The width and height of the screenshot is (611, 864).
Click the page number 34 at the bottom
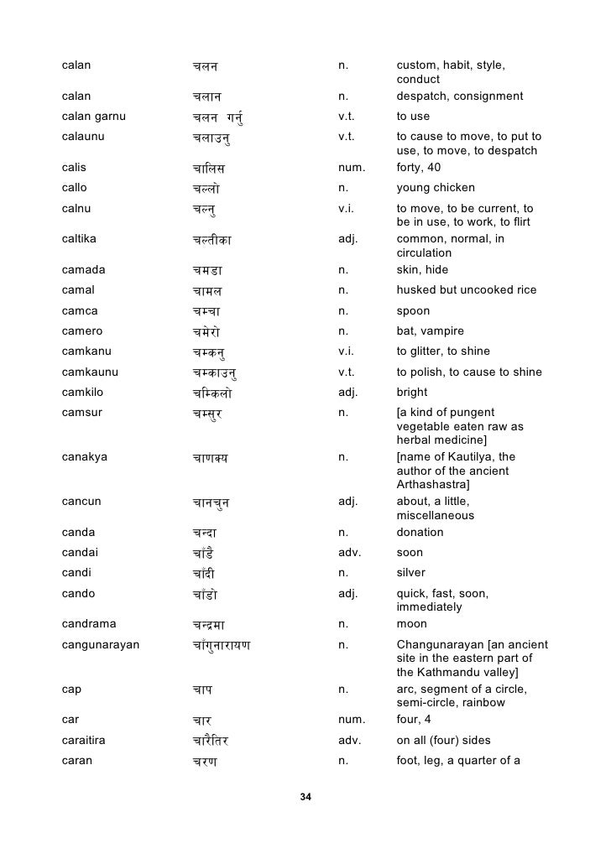pyautogui.click(x=305, y=796)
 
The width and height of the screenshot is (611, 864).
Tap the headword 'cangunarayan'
pyautogui.click(x=101, y=644)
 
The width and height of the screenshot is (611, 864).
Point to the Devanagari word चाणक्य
pyautogui.click(x=210, y=458)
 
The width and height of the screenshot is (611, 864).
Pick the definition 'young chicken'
pyautogui.click(x=435, y=188)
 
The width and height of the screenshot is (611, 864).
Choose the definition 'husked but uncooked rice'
pyautogui.click(x=466, y=290)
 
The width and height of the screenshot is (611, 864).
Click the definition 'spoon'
pyautogui.click(x=413, y=310)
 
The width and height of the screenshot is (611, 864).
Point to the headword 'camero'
pyautogui.click(x=82, y=331)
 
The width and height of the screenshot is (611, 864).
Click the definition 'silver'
pyautogui.click(x=410, y=573)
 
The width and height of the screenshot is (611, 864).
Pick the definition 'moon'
pyautogui.click(x=411, y=624)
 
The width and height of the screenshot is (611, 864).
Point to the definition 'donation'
pyautogui.click(x=420, y=533)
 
